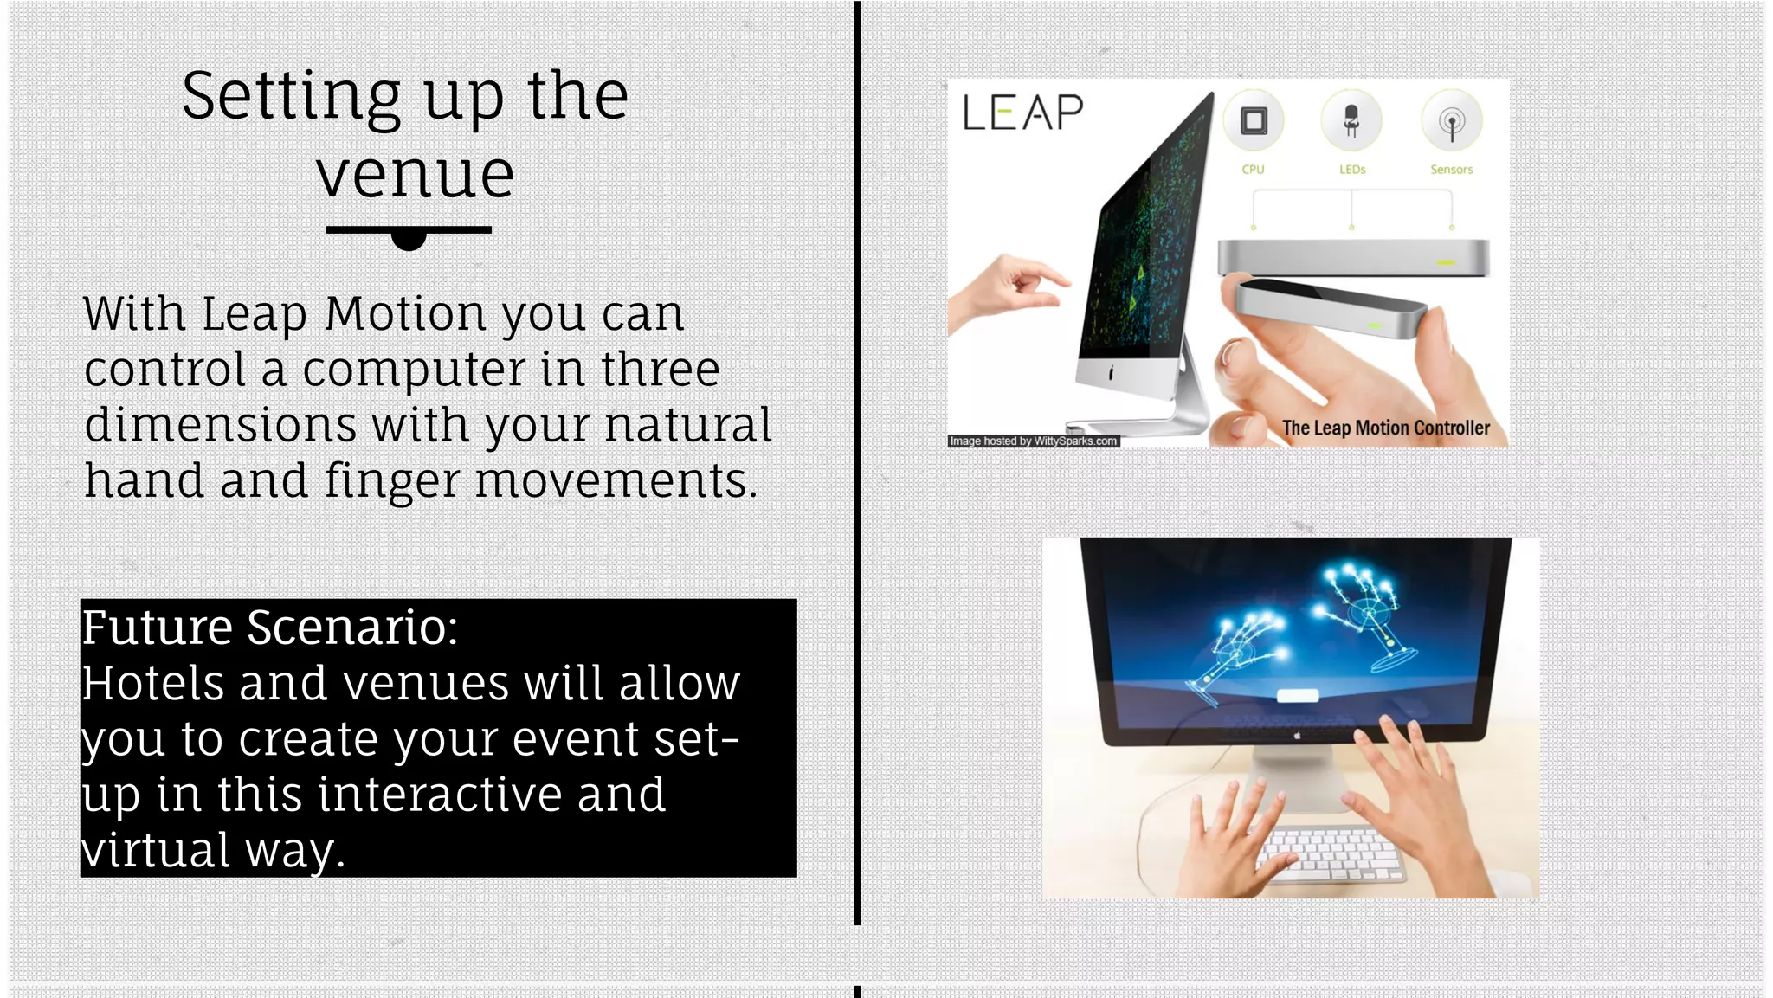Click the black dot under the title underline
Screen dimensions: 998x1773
(409, 239)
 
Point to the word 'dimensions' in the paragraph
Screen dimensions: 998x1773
(220, 425)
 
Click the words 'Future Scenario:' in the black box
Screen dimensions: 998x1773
(269, 627)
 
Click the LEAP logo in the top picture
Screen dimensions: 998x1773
(1022, 113)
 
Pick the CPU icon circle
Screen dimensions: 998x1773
(1253, 121)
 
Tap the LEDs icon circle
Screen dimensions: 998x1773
(1351, 121)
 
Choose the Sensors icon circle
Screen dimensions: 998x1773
(1452, 121)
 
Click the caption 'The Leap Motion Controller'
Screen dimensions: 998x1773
(1385, 428)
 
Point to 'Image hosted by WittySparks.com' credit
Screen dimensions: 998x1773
(1034, 441)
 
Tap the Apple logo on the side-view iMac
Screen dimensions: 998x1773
(1111, 373)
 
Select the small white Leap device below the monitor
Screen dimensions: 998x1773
(1298, 695)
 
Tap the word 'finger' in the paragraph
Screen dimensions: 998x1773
(391, 481)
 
